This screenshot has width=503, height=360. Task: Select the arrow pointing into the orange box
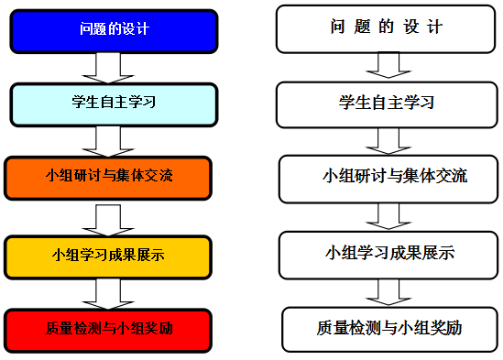[x=108, y=140]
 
